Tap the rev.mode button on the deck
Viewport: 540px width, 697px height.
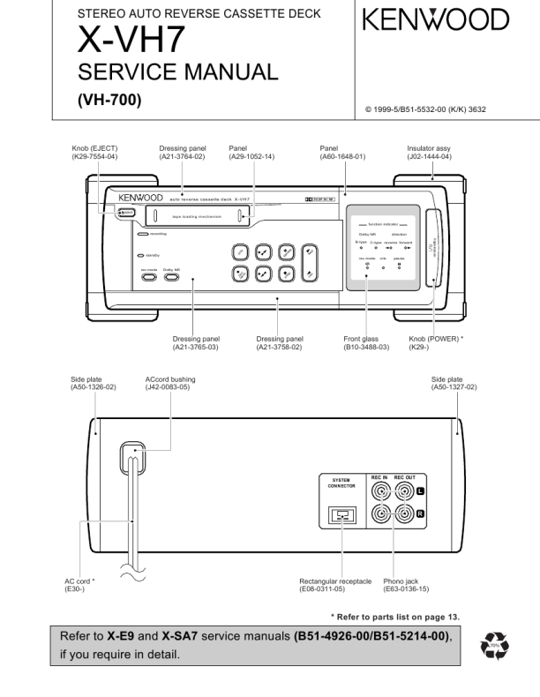tap(148, 276)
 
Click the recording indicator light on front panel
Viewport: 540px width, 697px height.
tap(141, 234)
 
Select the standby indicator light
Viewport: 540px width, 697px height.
tap(141, 255)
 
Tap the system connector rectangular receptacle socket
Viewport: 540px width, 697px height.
tap(341, 516)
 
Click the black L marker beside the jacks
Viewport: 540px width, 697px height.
tap(420, 490)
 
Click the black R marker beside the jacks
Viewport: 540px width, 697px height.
tap(420, 512)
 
